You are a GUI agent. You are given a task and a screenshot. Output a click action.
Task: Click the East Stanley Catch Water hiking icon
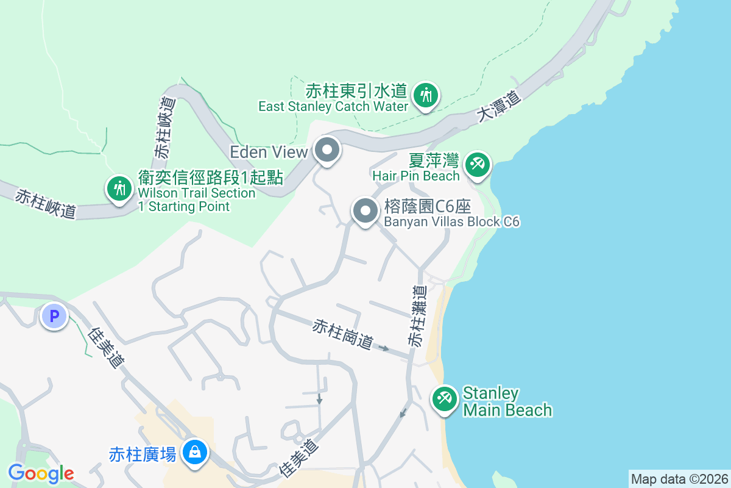[x=426, y=96]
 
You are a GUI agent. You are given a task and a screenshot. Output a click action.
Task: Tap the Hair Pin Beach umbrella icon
[x=477, y=165]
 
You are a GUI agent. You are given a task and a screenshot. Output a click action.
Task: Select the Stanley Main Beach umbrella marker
[x=445, y=400]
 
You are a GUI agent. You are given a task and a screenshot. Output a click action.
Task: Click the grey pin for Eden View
[x=327, y=149]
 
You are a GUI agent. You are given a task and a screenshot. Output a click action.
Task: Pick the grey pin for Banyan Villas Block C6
[x=365, y=212]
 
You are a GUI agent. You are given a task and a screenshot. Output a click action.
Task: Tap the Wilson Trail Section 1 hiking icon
[x=119, y=188]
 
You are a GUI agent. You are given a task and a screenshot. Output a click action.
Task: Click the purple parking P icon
[x=54, y=317]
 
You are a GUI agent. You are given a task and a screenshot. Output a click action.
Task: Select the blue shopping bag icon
[x=194, y=453]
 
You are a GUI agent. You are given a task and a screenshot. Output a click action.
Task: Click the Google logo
[x=41, y=473]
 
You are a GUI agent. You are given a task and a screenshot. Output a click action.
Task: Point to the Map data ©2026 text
[x=679, y=479]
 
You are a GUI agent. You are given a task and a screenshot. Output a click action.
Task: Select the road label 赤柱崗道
[x=342, y=334]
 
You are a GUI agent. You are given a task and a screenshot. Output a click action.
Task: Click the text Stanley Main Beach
[x=507, y=401]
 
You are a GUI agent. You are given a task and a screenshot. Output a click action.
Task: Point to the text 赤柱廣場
[x=143, y=454]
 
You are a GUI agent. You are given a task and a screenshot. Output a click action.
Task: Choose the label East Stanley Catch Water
[x=333, y=106]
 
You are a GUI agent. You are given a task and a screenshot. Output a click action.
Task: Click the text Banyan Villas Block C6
[x=451, y=221]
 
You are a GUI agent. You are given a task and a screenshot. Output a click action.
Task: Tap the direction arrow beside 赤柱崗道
[x=384, y=348]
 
